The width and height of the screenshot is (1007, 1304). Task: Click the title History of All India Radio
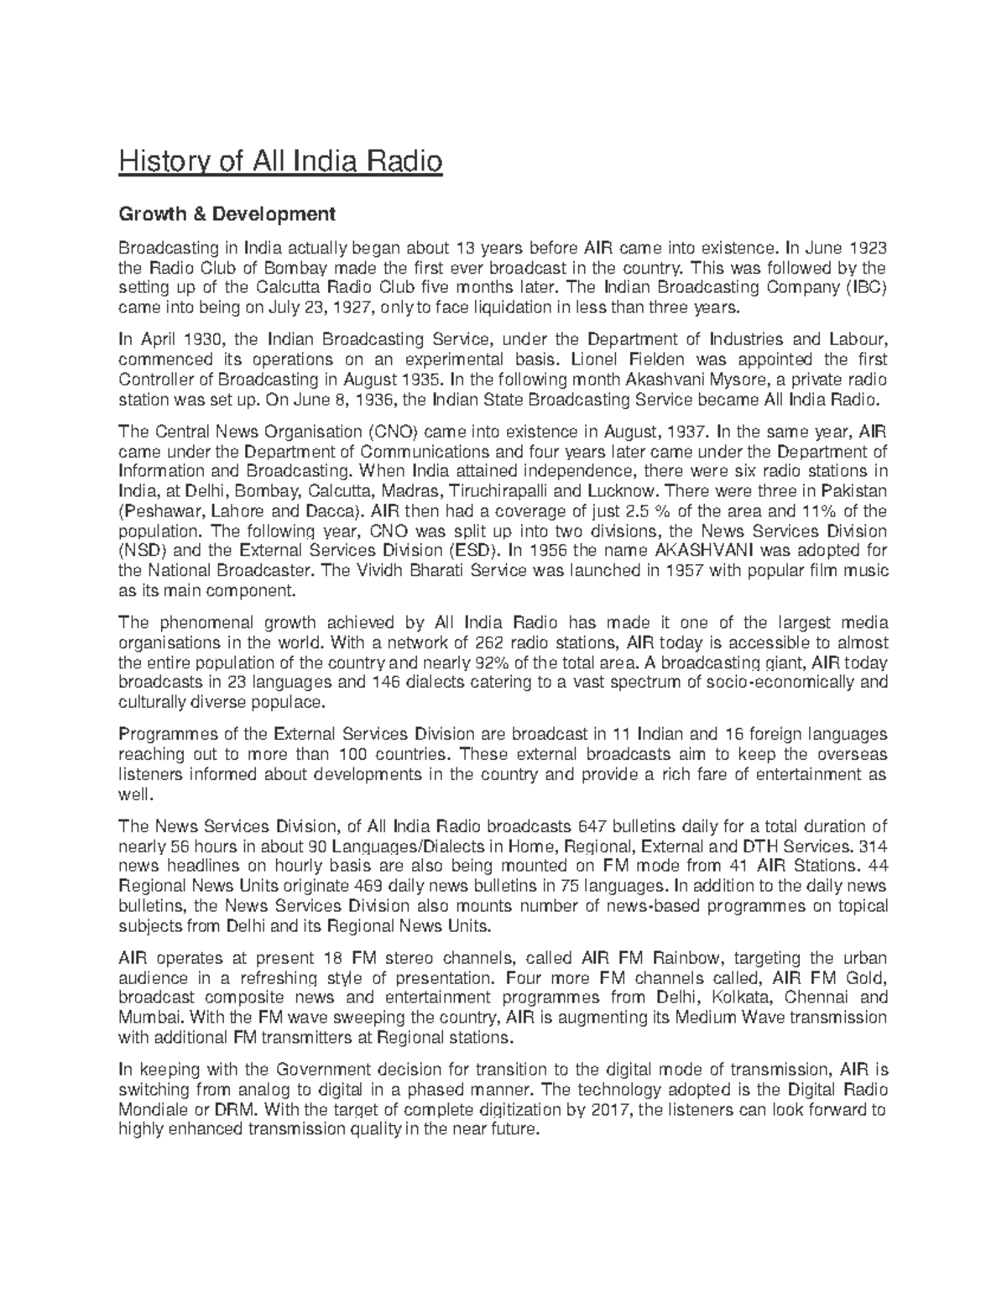coord(280,160)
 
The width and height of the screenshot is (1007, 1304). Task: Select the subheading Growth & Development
coord(227,214)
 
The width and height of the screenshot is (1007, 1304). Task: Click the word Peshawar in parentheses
coord(164,511)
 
